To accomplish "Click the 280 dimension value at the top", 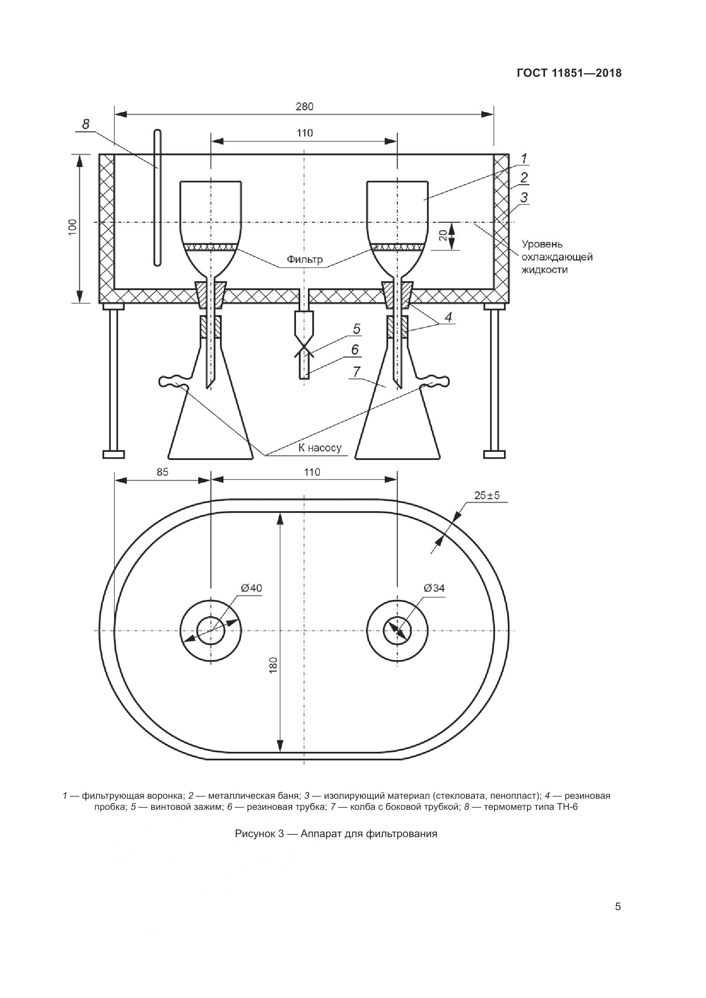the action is pyautogui.click(x=305, y=107).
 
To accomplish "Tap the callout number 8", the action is pyautogui.click(x=86, y=124).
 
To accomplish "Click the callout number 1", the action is pyautogui.click(x=524, y=159).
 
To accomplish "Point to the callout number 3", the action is pyautogui.click(x=524, y=198).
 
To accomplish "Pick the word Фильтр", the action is pyautogui.click(x=305, y=259).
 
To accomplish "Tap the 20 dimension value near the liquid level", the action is pyautogui.click(x=442, y=236).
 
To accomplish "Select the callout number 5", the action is pyautogui.click(x=357, y=329).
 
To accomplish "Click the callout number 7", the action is pyautogui.click(x=356, y=372).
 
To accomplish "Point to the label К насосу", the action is pyautogui.click(x=320, y=448).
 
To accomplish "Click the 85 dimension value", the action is pyautogui.click(x=162, y=471).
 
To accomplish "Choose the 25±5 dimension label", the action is pyautogui.click(x=487, y=495).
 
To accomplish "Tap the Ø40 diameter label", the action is pyautogui.click(x=252, y=588).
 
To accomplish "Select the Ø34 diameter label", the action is pyautogui.click(x=434, y=588).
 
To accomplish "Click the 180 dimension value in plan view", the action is pyautogui.click(x=273, y=666).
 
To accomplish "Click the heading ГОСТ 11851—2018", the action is pyautogui.click(x=569, y=73).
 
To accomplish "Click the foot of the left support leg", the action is pyautogui.click(x=114, y=454).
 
